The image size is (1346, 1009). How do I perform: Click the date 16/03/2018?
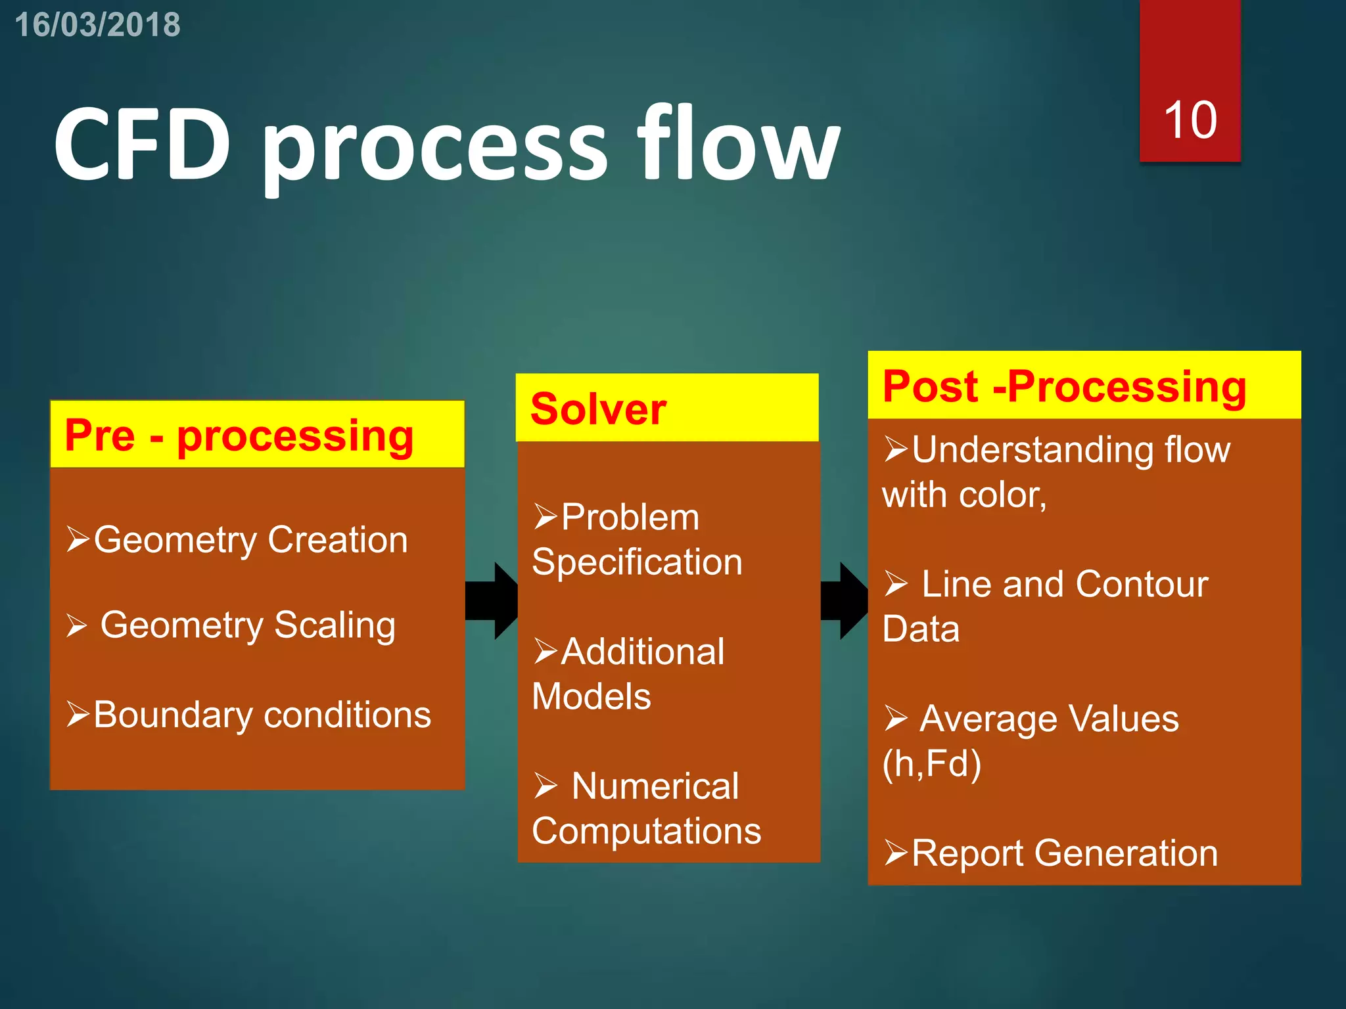pos(97,25)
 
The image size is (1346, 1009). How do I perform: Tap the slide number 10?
pos(1190,120)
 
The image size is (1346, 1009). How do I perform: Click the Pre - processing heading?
pos(239,436)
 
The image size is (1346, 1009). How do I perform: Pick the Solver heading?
pos(598,409)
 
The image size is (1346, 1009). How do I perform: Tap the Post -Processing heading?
pos(1064,386)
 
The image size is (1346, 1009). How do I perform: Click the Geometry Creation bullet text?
pos(250,540)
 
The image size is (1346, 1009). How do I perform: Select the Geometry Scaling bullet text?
pos(248,625)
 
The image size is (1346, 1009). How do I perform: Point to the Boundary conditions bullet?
pos(262,715)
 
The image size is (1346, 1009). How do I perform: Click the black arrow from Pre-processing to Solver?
pos(492,600)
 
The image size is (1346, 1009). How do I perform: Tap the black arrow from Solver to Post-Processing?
pos(845,600)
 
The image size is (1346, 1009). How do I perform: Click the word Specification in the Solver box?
pos(637,562)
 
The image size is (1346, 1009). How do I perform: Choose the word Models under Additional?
pos(591,696)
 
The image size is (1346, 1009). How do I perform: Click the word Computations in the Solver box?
pos(646,831)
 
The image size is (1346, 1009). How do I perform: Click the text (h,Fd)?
pos(931,764)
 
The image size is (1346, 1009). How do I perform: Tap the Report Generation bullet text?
pos(1064,853)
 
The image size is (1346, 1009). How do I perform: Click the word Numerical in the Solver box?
pos(655,786)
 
